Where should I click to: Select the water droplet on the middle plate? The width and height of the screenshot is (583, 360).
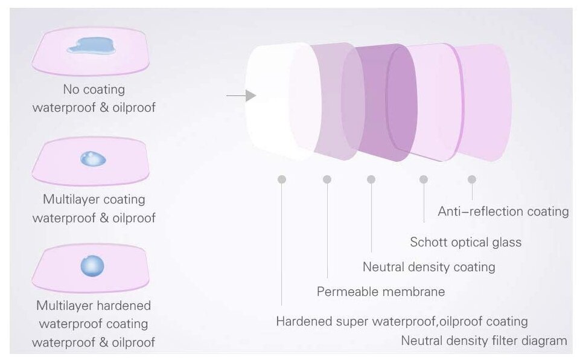94,159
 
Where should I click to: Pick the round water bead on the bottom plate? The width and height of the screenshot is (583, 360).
92,266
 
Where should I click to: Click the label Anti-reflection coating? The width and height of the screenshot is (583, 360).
503,211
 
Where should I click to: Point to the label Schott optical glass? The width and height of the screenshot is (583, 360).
465,242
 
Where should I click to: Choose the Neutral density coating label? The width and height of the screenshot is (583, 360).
428,266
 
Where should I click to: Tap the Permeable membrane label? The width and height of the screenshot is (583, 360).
381,292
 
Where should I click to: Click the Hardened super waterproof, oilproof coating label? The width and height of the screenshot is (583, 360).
402,321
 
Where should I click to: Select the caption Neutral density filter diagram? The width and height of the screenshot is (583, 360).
484,341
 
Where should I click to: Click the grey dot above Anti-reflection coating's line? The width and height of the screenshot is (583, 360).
472,179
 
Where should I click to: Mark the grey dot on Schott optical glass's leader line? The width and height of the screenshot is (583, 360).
424,179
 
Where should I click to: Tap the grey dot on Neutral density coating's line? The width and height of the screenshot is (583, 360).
371,179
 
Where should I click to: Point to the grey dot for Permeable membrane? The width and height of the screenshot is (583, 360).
327,179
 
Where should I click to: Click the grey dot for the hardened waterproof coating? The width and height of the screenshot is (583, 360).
282,179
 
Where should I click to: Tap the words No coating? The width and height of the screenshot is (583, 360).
94,89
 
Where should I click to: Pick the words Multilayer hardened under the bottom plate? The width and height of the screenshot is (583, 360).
94,305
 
